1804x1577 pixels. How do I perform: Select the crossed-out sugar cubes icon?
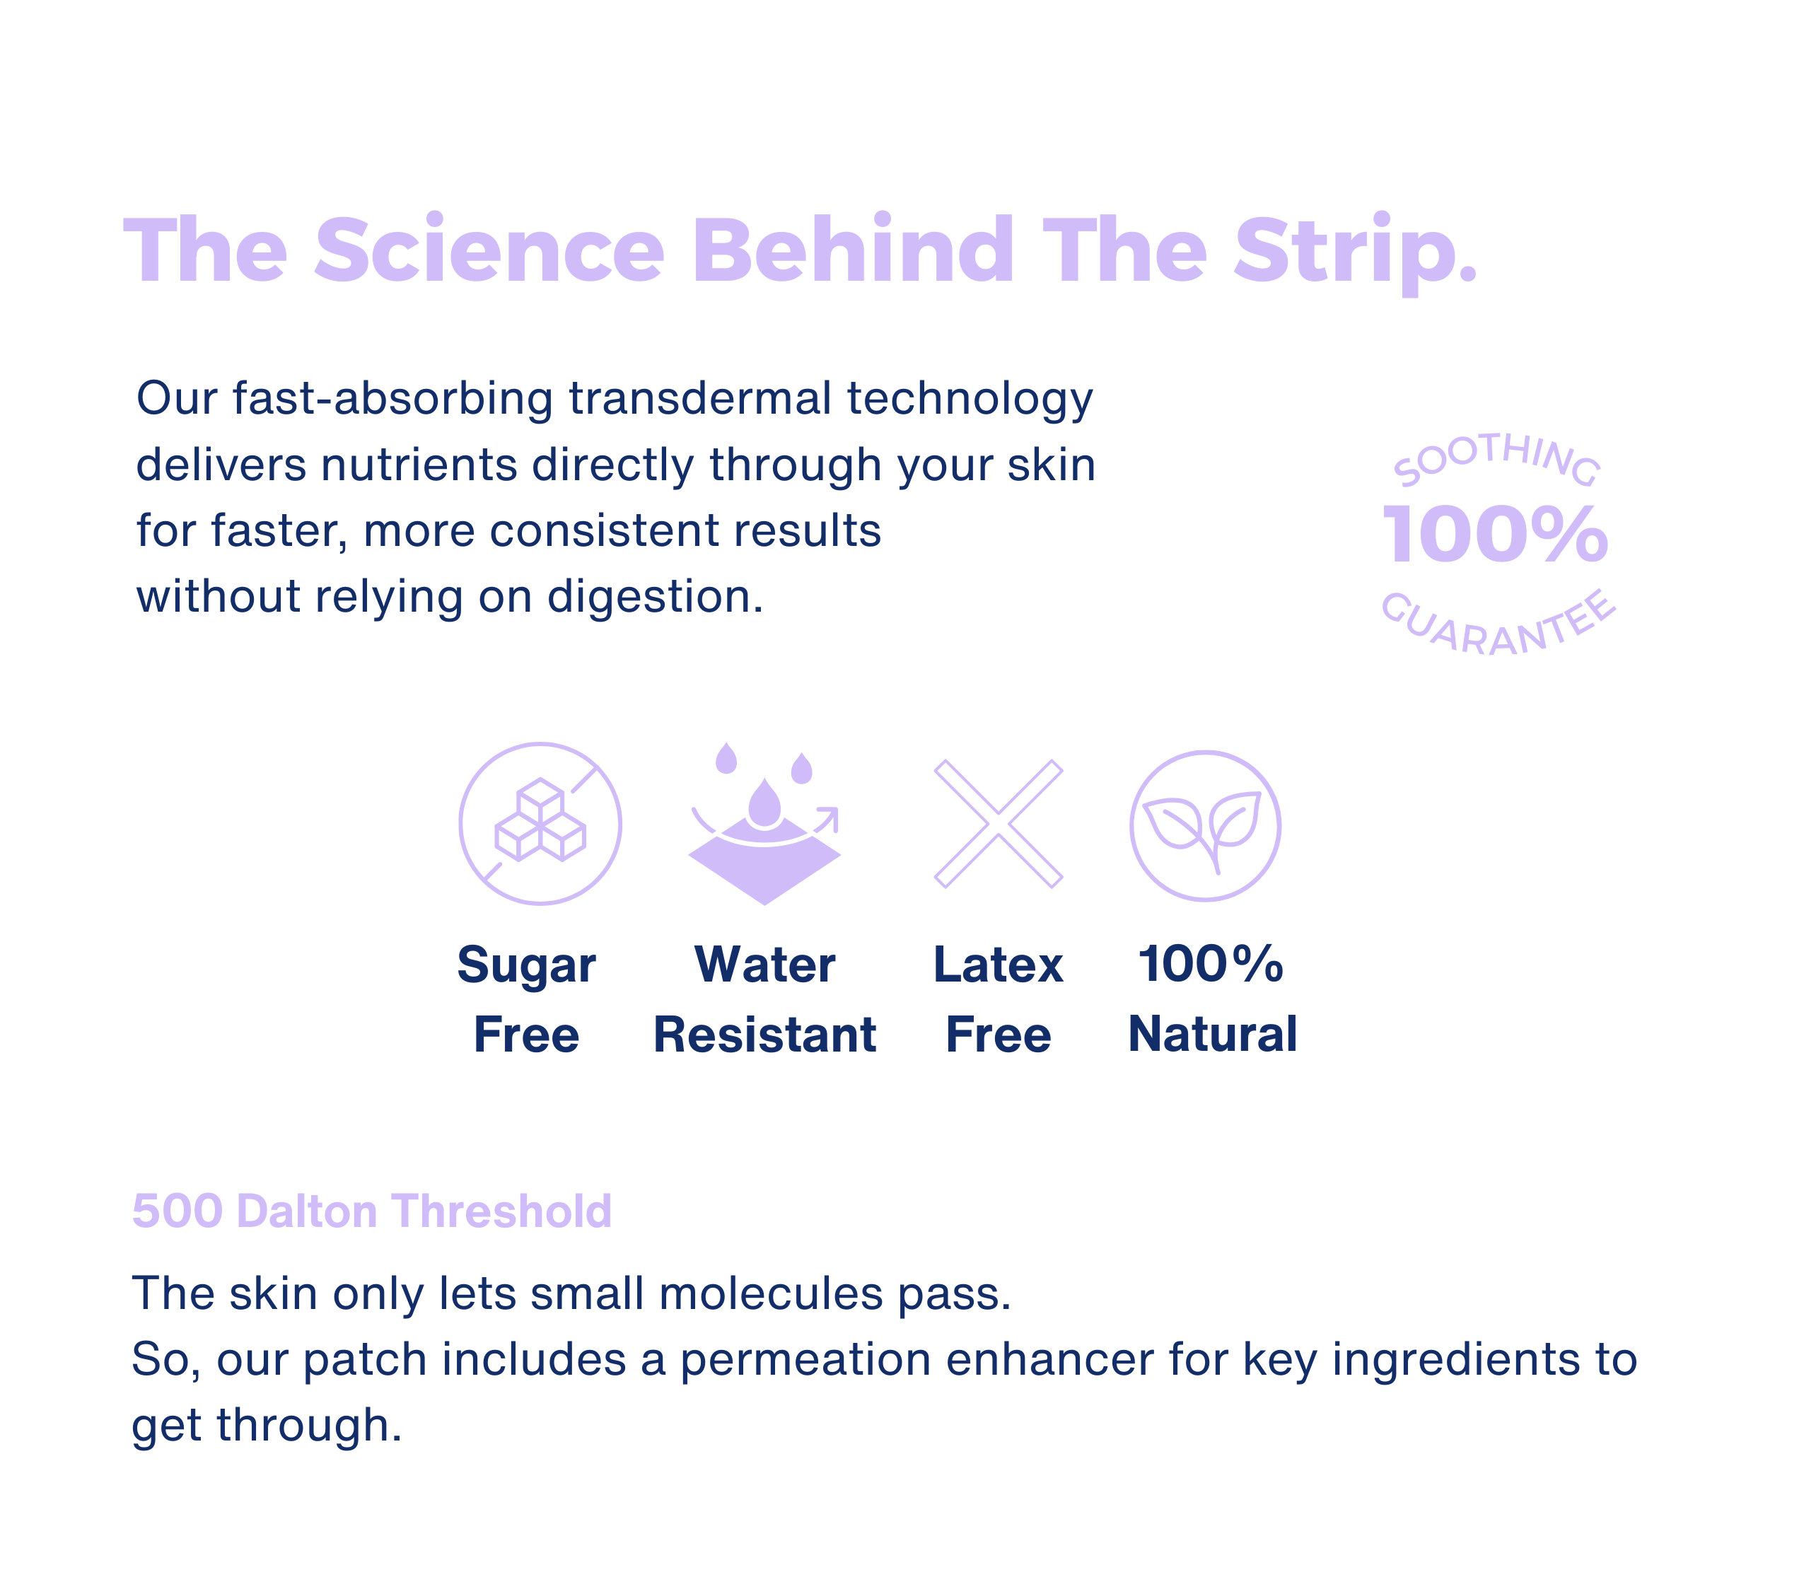[540, 824]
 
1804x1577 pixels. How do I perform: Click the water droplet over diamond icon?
[764, 824]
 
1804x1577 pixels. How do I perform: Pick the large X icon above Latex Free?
[999, 824]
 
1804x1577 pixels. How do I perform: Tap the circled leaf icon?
[1206, 825]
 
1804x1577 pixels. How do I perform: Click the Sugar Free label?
[526, 999]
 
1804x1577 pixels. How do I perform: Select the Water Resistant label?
[764, 999]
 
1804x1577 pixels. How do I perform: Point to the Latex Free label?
[999, 999]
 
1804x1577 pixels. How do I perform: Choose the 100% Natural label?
[1213, 999]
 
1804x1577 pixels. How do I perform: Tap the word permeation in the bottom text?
[805, 1360]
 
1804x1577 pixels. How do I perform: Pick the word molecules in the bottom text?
[770, 1293]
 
